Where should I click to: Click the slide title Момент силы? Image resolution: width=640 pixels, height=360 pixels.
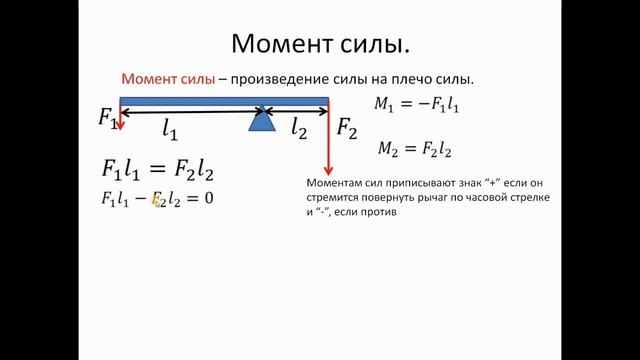coord(320,44)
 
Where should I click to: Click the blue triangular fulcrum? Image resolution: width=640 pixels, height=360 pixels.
coord(261,120)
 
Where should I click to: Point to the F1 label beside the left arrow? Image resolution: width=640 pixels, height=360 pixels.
coord(108,117)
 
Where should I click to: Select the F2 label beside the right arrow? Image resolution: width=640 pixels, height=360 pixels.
coord(346,127)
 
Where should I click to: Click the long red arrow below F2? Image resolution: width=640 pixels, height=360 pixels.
coord(328,140)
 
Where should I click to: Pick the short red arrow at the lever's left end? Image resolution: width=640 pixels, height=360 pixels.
coord(120,117)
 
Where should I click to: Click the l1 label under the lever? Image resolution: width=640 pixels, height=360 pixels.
coord(170,129)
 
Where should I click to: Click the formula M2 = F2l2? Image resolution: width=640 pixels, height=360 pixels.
coord(415,149)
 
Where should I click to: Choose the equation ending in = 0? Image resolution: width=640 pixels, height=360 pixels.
coord(158,198)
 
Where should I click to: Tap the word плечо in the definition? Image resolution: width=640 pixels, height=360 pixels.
coord(406,80)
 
